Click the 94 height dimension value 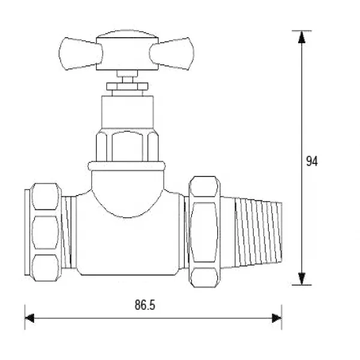pos(312,161)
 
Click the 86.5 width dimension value pos(145,305)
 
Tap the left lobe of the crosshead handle pos(80,53)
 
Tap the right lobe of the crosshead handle pos(172,53)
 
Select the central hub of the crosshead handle pos(127,54)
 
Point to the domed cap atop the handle pos(127,34)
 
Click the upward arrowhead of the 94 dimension pos(302,37)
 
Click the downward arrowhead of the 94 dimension pos(302,278)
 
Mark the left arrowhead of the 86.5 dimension pos(29,318)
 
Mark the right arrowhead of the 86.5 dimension pos(277,318)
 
